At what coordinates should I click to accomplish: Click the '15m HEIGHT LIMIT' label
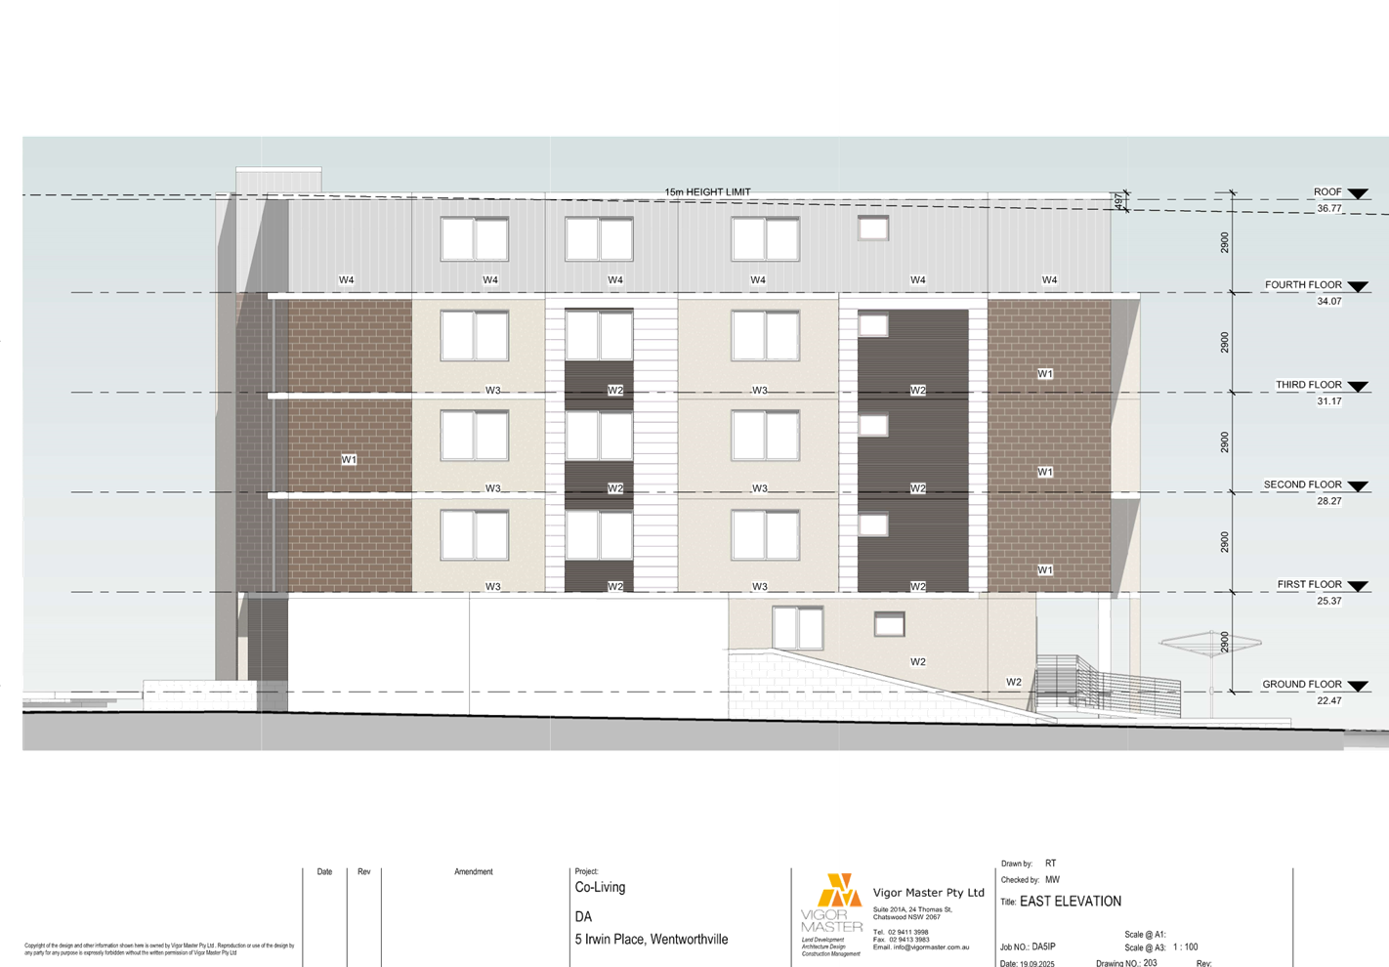click(x=707, y=192)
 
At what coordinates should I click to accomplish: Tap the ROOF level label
click(x=1327, y=192)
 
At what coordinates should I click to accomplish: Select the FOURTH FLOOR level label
click(x=1303, y=285)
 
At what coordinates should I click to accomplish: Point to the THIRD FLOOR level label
click(x=1309, y=386)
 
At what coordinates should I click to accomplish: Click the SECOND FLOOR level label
click(x=1303, y=485)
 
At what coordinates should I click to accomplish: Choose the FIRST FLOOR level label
click(x=1309, y=585)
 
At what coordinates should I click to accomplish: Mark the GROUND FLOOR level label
click(x=1302, y=685)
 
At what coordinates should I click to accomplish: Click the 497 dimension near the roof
click(x=1118, y=201)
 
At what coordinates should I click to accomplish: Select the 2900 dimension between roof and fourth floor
click(x=1225, y=242)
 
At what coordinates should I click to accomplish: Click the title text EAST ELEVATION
click(x=1070, y=902)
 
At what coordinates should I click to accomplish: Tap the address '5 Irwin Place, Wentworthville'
click(x=652, y=940)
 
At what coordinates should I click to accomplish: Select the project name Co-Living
click(x=600, y=888)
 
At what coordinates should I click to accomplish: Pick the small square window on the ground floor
click(x=888, y=624)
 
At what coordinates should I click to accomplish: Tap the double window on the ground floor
click(x=797, y=628)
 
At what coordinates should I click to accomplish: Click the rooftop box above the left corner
click(x=279, y=182)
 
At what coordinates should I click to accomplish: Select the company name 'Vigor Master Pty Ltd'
click(x=928, y=893)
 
